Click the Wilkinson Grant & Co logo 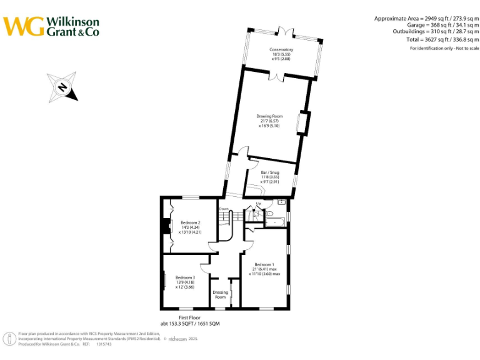51,26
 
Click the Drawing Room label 269,121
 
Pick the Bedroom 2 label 191,227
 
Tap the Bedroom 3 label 185,282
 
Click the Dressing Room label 220,294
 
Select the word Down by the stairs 223,209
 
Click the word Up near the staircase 259,204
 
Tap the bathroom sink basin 282,202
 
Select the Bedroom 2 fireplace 166,226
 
